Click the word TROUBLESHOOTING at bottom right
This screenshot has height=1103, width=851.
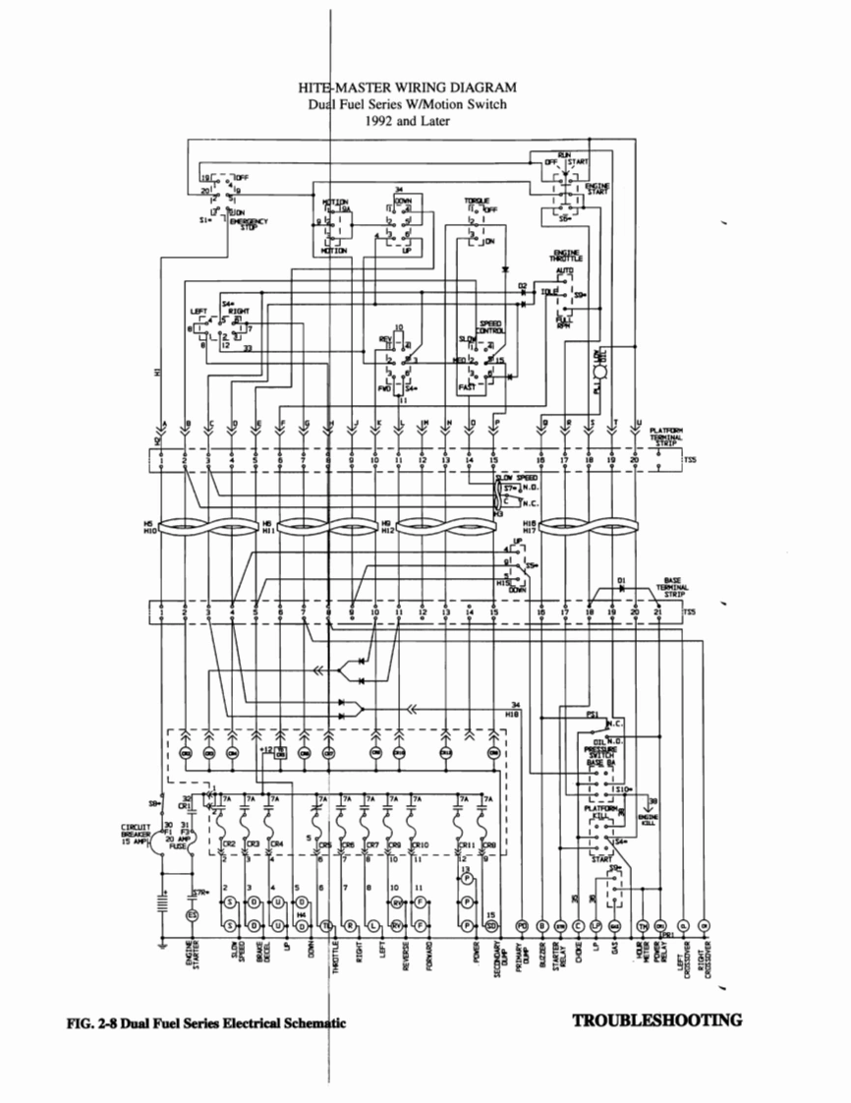(656, 1020)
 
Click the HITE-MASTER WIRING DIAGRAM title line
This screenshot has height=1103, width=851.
(407, 88)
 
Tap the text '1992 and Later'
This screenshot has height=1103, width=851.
(407, 122)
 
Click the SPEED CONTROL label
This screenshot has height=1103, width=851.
(490, 326)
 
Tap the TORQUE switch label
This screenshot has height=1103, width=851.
(479, 201)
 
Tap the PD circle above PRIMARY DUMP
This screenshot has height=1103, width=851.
(521, 925)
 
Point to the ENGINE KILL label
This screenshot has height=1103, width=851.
(649, 820)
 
